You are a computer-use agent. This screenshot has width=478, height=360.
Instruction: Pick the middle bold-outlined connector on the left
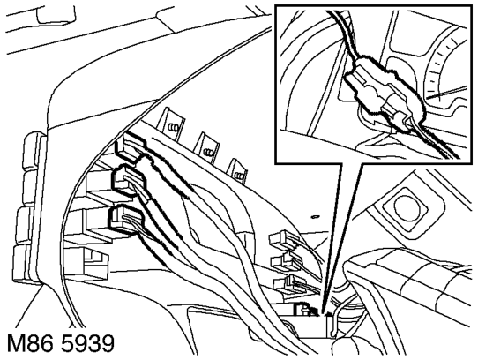128,180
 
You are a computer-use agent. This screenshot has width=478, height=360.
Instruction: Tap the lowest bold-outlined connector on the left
125,219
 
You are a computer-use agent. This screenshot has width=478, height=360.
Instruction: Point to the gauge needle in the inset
447,92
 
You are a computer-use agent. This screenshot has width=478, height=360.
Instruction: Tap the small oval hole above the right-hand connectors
315,216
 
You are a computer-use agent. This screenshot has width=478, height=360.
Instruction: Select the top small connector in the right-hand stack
282,239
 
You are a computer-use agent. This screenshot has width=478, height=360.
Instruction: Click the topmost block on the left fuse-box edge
33,151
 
